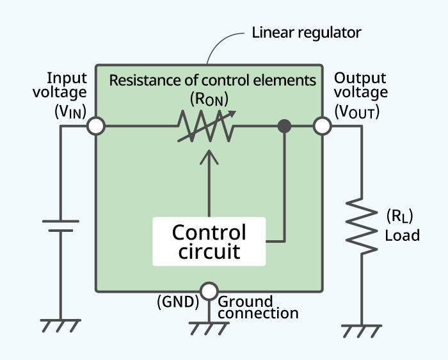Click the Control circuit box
(209, 241)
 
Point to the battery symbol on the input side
(61, 226)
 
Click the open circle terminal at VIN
(96, 126)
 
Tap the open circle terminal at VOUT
(322, 126)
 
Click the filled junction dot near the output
(285, 126)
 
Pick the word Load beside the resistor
(402, 236)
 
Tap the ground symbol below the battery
(61, 325)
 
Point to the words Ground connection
(258, 307)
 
